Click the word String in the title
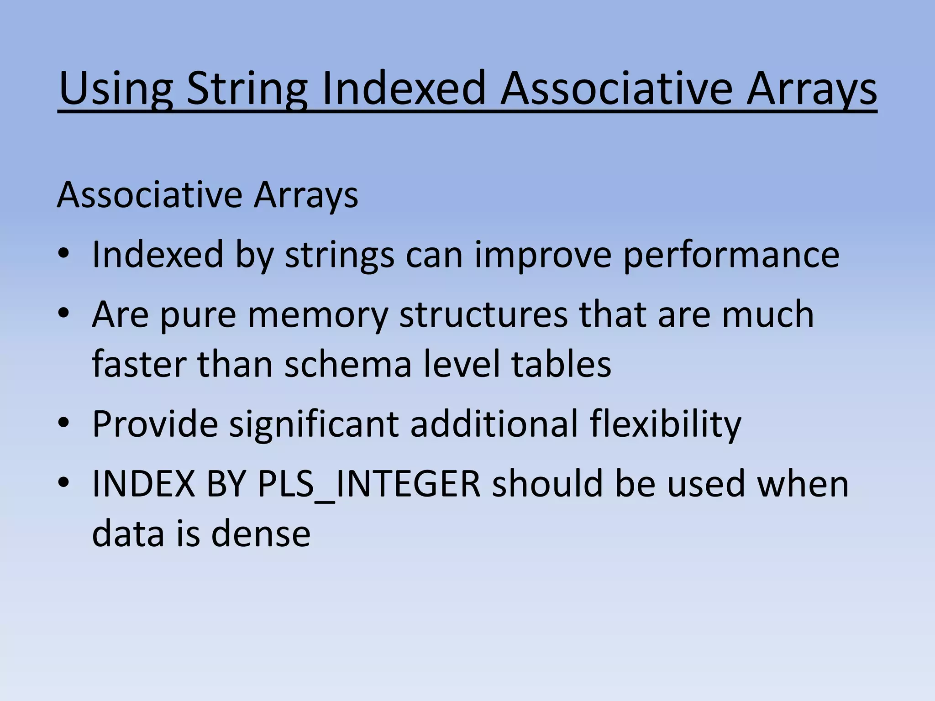[247, 89]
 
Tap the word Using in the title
[116, 89]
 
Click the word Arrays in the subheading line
[306, 195]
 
